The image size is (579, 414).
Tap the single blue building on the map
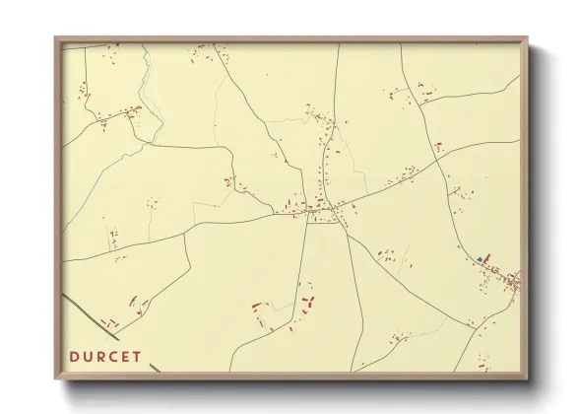pyautogui.click(x=480, y=259)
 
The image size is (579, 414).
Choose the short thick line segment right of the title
pyautogui.click(x=155, y=368)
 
